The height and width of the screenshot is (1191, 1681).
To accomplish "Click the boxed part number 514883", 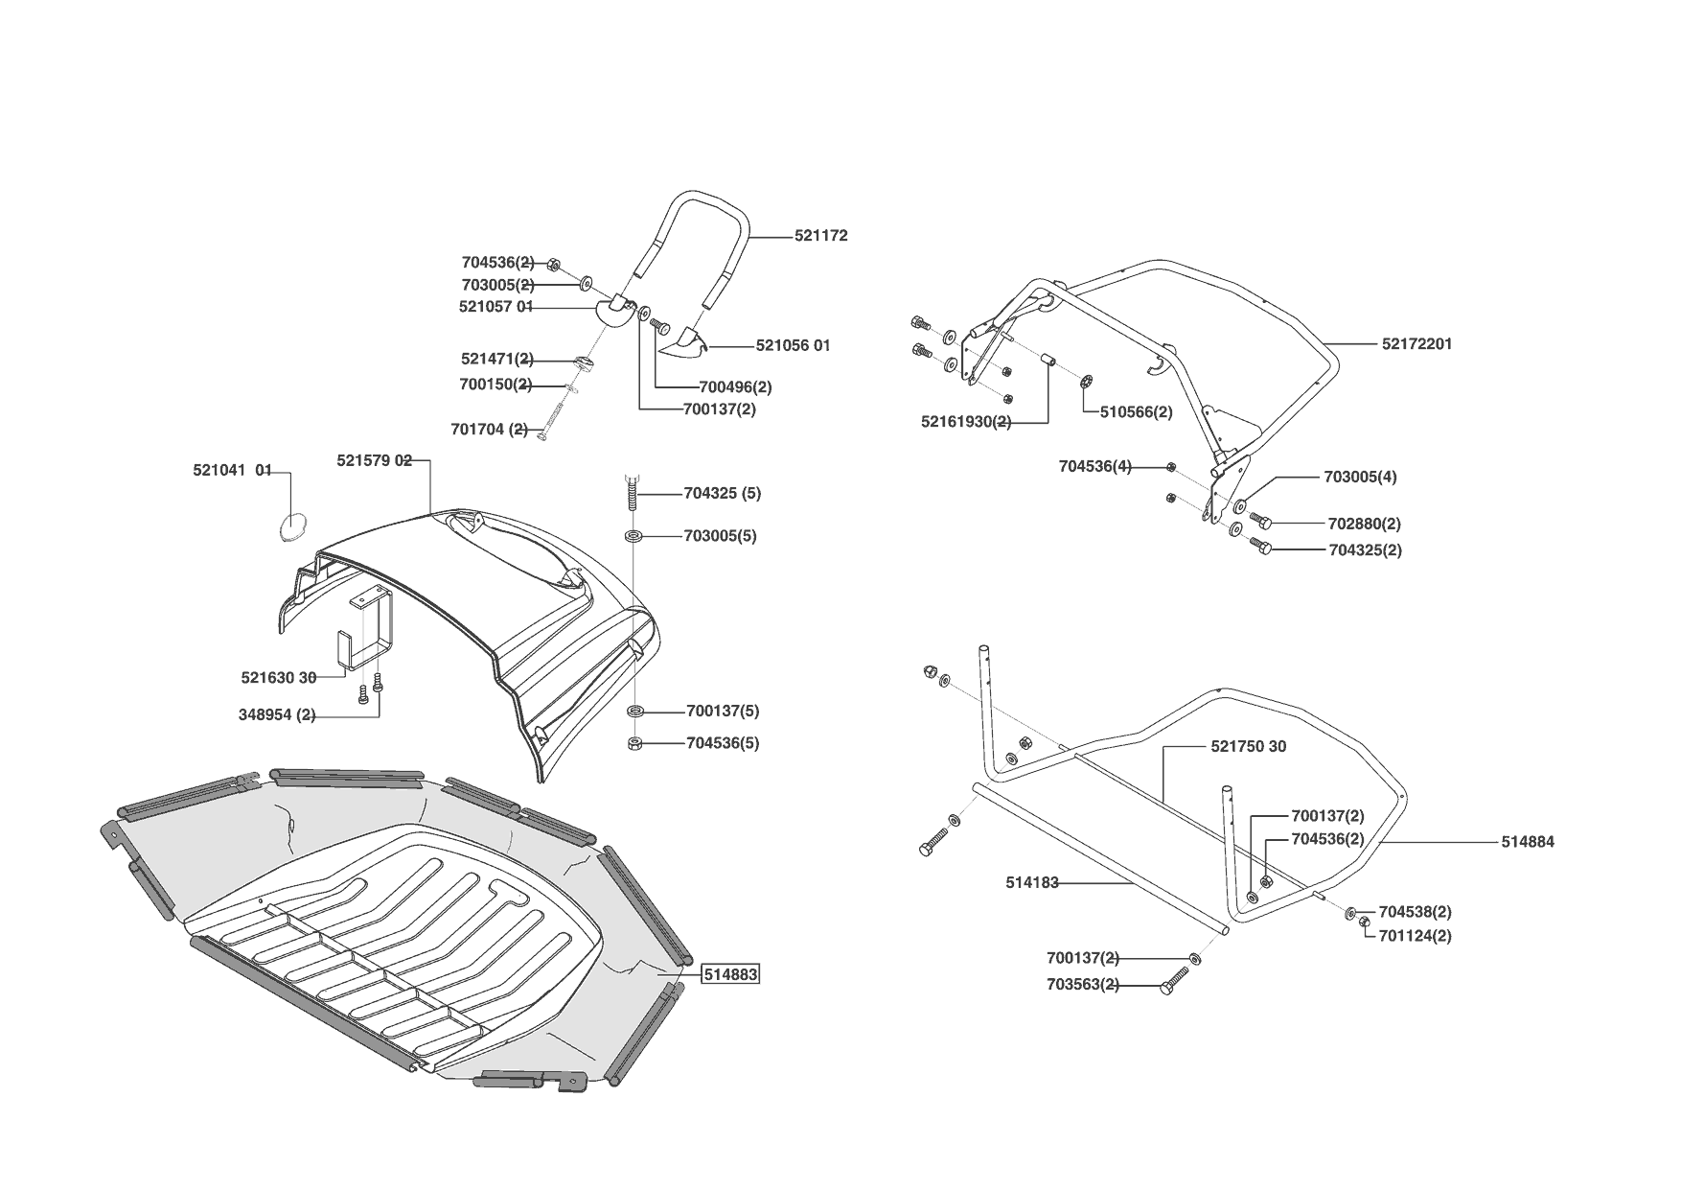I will [x=730, y=975].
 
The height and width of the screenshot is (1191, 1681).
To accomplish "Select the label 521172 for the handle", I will [x=820, y=236].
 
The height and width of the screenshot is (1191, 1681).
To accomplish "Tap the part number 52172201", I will [x=1416, y=343].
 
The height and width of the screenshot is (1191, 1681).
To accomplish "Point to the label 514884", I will [x=1528, y=842].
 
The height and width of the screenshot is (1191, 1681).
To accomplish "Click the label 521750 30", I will [x=1249, y=746].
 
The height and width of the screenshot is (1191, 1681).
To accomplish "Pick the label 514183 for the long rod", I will [x=1032, y=883].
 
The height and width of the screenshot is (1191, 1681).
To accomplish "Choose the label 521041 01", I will [x=233, y=471].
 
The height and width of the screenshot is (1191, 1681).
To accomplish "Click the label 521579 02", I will [x=374, y=460].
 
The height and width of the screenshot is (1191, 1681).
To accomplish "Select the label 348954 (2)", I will [x=277, y=715].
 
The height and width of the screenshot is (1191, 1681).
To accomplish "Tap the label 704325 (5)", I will [x=722, y=494].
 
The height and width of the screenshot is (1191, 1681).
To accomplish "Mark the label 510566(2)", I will [x=1136, y=412].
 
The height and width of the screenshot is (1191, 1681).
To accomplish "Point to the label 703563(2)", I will [x=1083, y=985].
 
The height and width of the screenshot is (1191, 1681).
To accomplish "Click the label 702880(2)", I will [x=1364, y=525].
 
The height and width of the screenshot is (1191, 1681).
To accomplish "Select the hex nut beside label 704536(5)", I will [x=634, y=743].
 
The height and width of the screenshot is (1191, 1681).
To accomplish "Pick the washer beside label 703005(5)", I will [x=633, y=535].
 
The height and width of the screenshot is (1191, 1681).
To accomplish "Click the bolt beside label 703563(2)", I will [x=1174, y=982].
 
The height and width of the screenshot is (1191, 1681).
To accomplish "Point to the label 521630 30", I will [x=278, y=678].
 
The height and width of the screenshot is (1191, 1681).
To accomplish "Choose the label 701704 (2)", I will [x=489, y=429].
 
